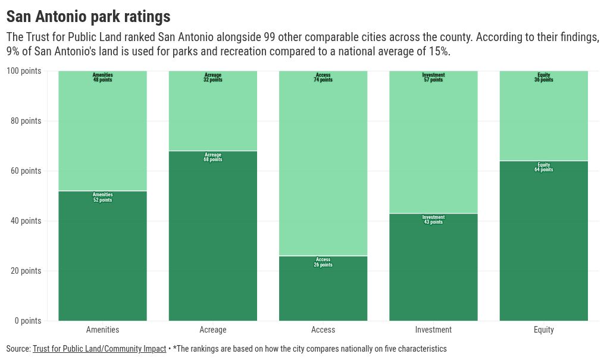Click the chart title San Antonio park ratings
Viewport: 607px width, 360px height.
(88, 16)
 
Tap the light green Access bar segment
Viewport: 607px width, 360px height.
(323, 164)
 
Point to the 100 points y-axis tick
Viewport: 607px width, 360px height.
(24, 71)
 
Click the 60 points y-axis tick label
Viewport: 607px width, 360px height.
(26, 171)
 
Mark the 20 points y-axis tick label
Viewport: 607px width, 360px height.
(26, 271)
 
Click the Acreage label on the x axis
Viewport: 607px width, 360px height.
(213, 330)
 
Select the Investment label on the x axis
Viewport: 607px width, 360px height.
(433, 330)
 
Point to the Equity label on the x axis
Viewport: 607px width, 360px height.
(544, 330)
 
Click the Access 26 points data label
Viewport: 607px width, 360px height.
(323, 262)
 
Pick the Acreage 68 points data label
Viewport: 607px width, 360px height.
(213, 157)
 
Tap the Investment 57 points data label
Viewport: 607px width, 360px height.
(433, 77)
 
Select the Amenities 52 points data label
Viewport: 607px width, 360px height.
(102, 198)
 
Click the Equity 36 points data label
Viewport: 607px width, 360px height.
(544, 77)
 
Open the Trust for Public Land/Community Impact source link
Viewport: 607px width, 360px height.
(99, 349)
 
